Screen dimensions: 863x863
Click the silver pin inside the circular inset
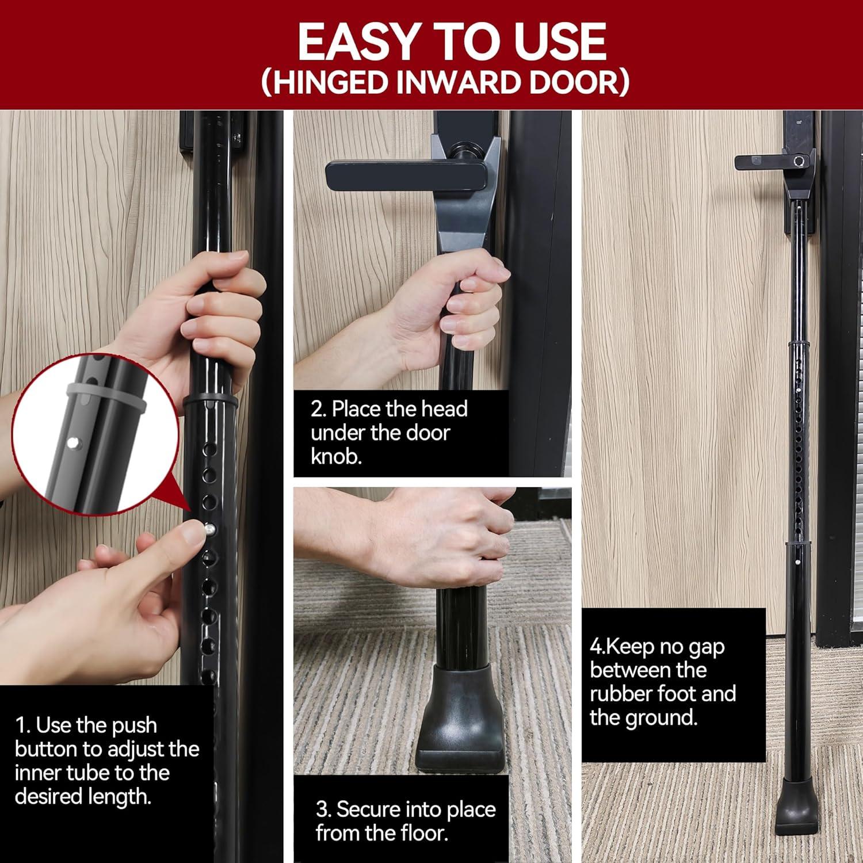[x=73, y=442]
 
